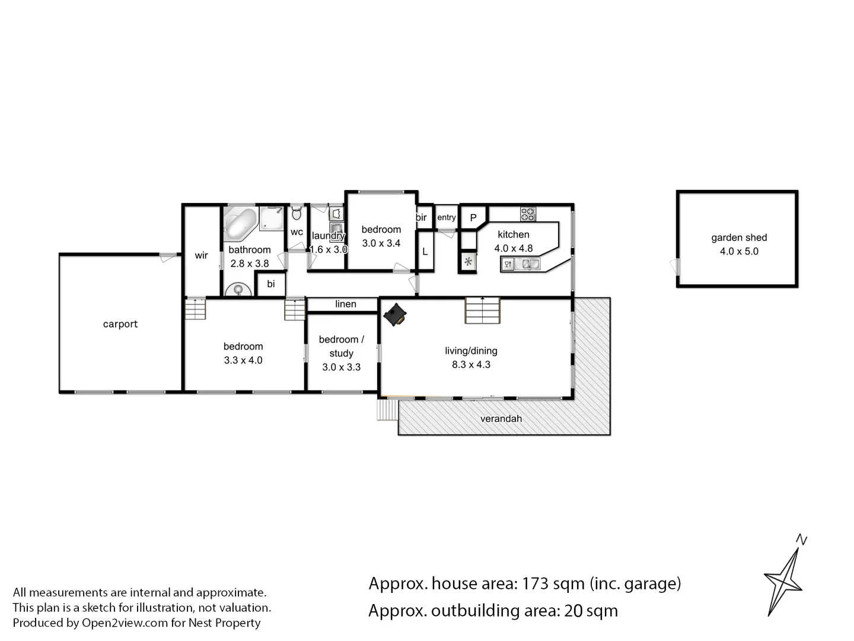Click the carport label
point(120,324)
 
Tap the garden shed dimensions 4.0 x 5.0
point(739,251)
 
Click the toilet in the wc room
point(297,212)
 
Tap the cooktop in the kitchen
point(528,213)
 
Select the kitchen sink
point(527,264)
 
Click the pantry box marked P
point(473,218)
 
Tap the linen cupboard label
point(346,304)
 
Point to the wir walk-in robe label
point(201,255)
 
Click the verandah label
point(501,418)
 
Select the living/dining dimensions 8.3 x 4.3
point(471,364)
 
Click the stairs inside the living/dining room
point(483,310)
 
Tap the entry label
point(447,217)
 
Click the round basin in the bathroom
point(238,290)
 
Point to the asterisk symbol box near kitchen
point(469,262)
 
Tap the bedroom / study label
point(341,346)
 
